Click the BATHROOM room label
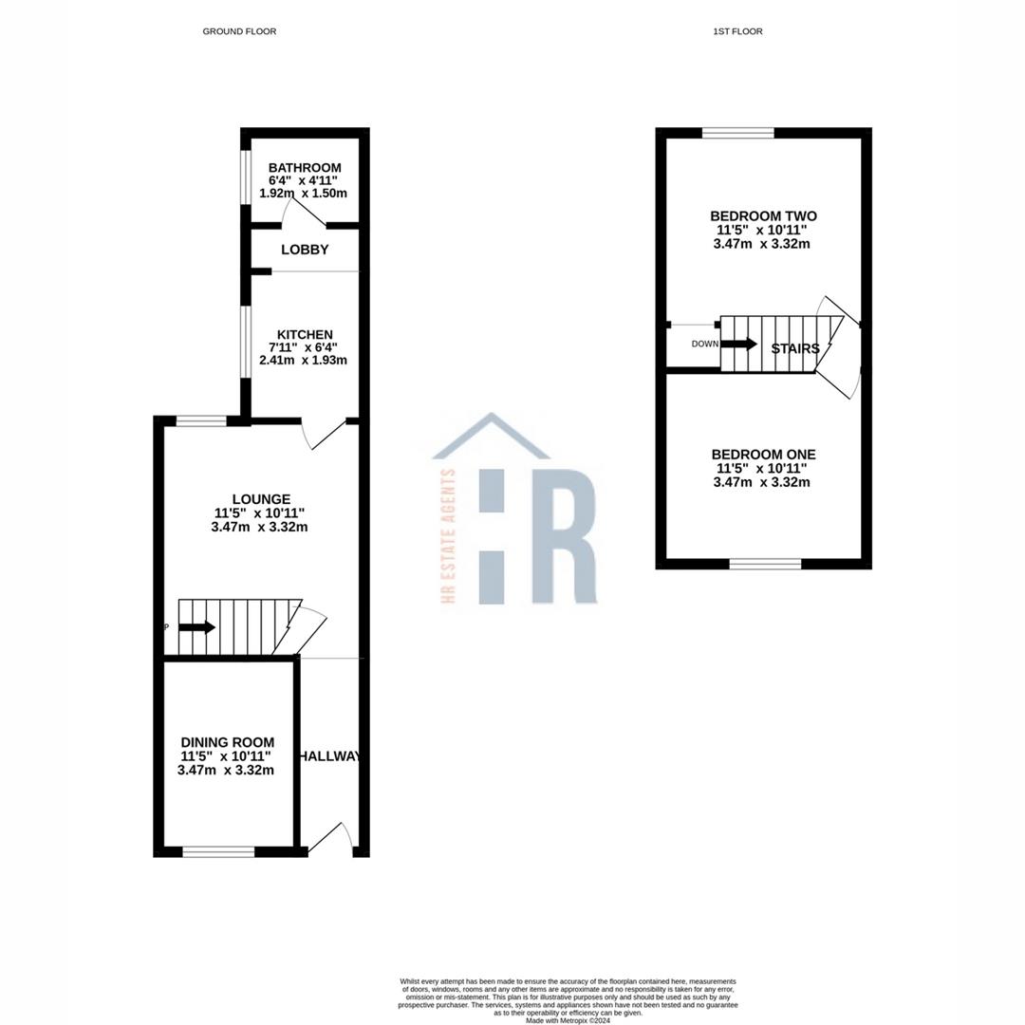[x=304, y=168]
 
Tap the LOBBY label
[x=305, y=250]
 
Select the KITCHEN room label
[x=304, y=334]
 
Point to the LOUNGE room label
[x=261, y=499]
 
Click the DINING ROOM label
[x=228, y=742]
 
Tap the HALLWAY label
[x=331, y=756]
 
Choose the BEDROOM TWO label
[x=763, y=216]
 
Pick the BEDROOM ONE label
[x=763, y=455]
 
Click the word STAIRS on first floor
[x=795, y=348]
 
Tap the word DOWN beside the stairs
[x=705, y=344]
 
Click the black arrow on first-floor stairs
[x=740, y=344]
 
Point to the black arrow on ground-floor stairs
[x=196, y=627]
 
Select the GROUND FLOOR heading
[x=239, y=31]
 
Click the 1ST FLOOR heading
[x=737, y=31]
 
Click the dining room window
[x=218, y=852]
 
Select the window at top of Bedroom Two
[x=738, y=133]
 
